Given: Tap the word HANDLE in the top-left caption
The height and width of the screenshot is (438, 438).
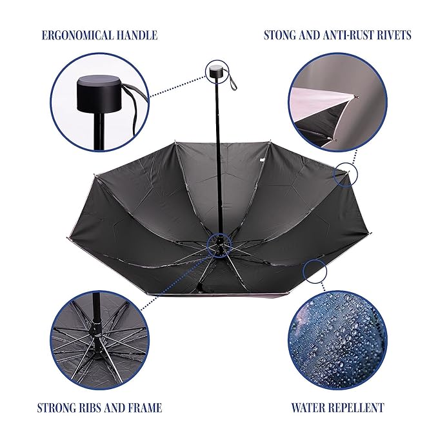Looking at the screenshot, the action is pyautogui.click(x=133, y=35).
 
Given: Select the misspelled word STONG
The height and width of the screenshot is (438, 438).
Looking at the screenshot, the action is pyautogui.click(x=280, y=35).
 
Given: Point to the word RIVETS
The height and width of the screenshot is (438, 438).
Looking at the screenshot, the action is pyautogui.click(x=393, y=35).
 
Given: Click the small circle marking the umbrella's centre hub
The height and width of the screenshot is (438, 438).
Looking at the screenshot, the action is pyautogui.click(x=219, y=245).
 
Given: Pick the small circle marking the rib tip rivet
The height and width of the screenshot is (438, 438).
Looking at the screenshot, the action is pyautogui.click(x=346, y=175).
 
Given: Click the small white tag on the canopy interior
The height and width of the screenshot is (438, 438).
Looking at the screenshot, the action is pyautogui.click(x=262, y=160).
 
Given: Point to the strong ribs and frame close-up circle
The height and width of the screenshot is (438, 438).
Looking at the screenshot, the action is pyautogui.click(x=99, y=341).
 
